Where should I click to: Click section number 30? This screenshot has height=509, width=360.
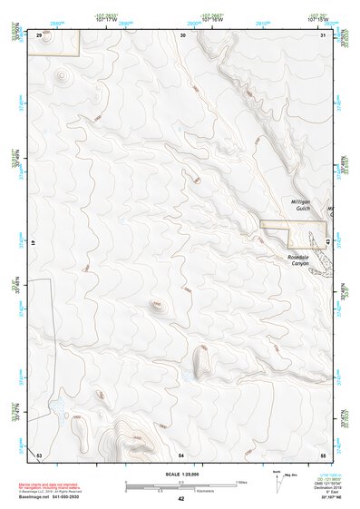[183, 35]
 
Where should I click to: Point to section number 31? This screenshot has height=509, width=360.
[323, 35]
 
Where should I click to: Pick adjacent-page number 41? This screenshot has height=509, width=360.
[32, 243]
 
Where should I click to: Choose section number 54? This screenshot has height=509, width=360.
[181, 453]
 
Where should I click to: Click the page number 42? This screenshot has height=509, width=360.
[181, 499]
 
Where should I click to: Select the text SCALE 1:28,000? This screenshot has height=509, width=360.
[181, 475]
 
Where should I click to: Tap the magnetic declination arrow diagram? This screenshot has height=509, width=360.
[277, 483]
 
